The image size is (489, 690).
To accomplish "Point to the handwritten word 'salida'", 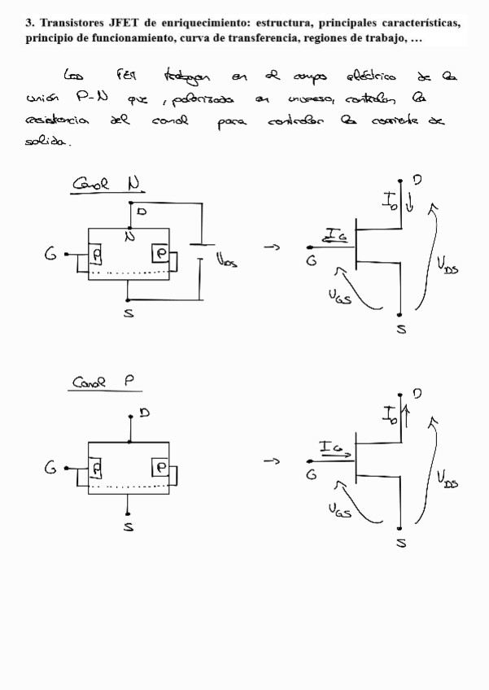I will tap(48, 142).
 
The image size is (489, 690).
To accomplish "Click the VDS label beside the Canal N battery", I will tap(226, 261).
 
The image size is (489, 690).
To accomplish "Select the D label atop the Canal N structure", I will tap(142, 212).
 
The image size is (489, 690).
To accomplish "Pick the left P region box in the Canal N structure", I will tap(97, 256).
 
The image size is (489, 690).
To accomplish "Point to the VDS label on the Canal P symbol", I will tap(447, 479).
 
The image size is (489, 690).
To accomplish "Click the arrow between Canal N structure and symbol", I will tap(273, 247).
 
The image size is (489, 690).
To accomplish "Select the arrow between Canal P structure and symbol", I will tap(272, 462).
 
